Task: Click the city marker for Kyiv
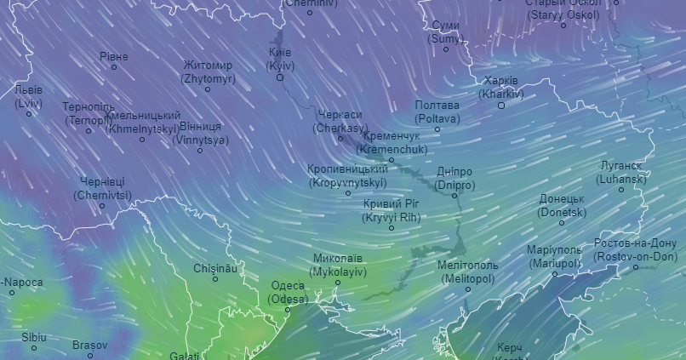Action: click(280, 77)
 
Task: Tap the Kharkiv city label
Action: click(500, 87)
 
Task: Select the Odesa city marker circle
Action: click(287, 310)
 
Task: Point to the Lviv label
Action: click(28, 96)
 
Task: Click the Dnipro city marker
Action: click(454, 196)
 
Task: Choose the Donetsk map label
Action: click(563, 205)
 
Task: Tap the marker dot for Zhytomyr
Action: click(208, 89)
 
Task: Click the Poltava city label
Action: click(437, 111)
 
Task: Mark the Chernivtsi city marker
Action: click(102, 206)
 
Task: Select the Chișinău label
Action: click(214, 268)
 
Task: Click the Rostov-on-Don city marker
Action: click(635, 267)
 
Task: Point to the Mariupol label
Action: click(554, 256)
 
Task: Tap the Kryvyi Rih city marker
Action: click(392, 228)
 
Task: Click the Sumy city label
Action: click(445, 31)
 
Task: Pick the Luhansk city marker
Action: click(621, 190)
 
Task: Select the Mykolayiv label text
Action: click(338, 265)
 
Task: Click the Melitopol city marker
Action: click(467, 289)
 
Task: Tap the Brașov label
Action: click(89, 345)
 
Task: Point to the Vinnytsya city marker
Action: click(200, 151)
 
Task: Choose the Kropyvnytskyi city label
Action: click(347, 175)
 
